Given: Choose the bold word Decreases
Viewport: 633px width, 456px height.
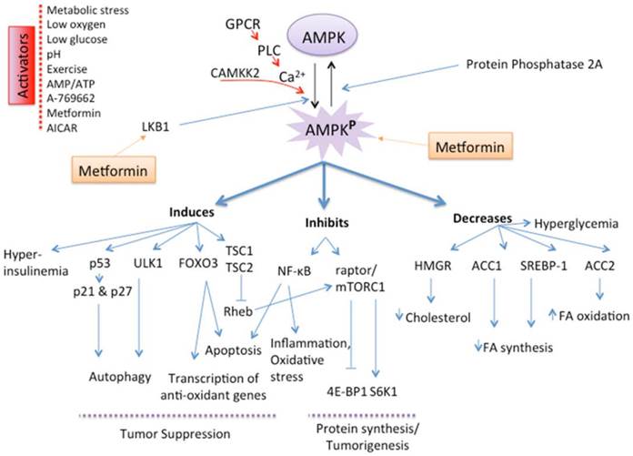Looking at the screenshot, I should point(478,219).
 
